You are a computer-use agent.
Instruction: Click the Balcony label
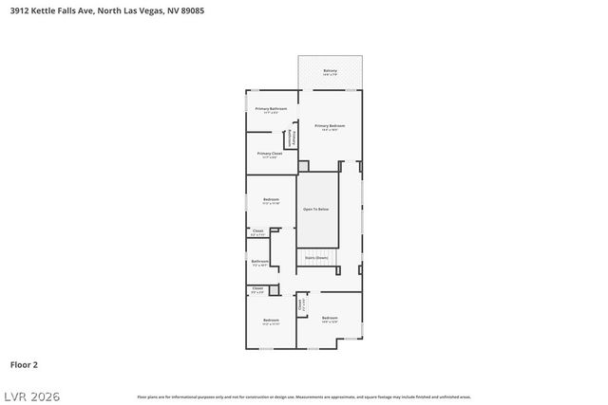pos(330,71)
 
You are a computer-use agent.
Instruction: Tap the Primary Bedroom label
pos(330,126)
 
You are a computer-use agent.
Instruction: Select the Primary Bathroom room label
pos(271,110)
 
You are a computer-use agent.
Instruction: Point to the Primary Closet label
pos(270,154)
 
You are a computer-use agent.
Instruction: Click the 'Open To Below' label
pos(316,209)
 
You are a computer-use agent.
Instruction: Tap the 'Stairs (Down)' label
pos(316,257)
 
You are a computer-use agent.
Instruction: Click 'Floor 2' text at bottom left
pos(24,363)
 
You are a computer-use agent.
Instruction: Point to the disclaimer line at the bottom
pos(304,396)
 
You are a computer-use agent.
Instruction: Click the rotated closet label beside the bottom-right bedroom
pos(301,305)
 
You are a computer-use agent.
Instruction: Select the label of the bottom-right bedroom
pos(330,319)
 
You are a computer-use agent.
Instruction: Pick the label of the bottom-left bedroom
pos(271,322)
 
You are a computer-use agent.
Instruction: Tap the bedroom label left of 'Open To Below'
pos(271,200)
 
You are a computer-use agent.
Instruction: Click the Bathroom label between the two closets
pos(259,263)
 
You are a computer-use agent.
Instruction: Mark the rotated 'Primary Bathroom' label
pos(294,138)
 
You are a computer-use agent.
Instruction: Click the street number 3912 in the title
pos(19,10)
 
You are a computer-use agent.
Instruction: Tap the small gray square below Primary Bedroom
pos(303,166)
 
